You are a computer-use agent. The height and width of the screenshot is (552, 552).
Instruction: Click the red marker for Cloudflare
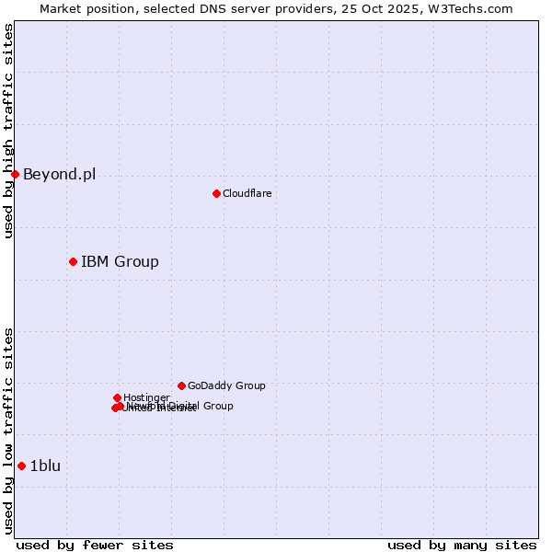(x=216, y=193)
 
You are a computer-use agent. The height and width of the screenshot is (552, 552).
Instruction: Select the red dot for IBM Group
(x=73, y=261)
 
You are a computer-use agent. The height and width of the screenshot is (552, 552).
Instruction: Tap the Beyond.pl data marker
(x=15, y=174)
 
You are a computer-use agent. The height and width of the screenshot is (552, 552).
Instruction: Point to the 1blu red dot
(x=21, y=466)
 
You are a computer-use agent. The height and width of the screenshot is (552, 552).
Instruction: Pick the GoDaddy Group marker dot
(x=181, y=385)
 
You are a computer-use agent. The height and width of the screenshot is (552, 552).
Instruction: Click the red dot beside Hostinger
(x=117, y=397)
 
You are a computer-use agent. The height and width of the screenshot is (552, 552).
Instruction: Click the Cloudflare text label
(x=247, y=193)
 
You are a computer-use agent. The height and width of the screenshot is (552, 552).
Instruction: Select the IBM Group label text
(x=120, y=261)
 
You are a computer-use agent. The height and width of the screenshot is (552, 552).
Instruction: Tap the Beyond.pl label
(x=59, y=174)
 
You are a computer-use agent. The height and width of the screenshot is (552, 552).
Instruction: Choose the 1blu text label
(x=45, y=466)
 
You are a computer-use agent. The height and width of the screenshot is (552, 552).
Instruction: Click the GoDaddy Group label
(x=226, y=385)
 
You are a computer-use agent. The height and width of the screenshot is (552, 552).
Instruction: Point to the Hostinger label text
(x=146, y=397)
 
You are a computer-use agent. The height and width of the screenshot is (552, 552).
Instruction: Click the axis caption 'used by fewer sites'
(x=95, y=545)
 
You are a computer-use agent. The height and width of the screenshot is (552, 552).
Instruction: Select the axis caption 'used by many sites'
(x=462, y=545)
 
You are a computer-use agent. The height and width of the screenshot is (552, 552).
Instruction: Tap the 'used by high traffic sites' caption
(x=8, y=131)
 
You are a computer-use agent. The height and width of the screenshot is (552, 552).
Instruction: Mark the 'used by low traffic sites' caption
(x=8, y=431)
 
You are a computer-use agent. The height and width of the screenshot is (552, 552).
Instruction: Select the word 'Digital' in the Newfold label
(x=184, y=406)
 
